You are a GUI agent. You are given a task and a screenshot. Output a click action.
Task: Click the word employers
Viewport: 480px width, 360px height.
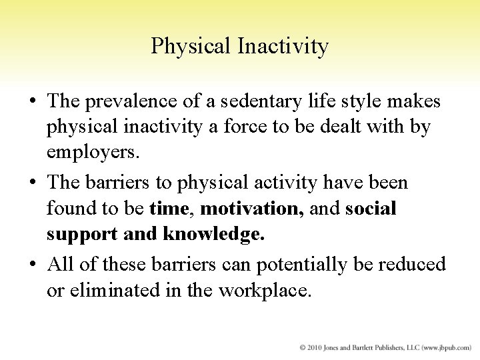[x=91, y=155]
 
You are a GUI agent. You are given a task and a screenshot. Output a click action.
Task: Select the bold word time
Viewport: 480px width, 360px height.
[x=170, y=209]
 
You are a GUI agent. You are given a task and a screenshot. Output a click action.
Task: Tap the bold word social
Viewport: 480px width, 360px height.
[x=371, y=209]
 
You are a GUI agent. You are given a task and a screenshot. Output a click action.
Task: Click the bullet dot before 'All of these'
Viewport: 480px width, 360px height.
[x=32, y=264]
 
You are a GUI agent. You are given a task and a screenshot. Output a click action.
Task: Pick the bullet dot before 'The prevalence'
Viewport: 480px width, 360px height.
[x=32, y=101]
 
